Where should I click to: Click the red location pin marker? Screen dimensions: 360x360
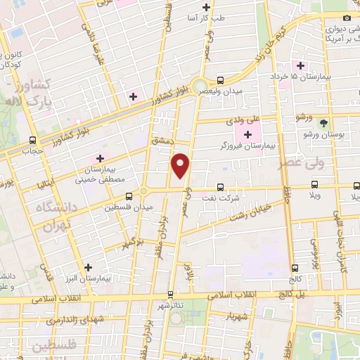point(182,165)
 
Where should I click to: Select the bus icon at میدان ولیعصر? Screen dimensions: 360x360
point(221,79)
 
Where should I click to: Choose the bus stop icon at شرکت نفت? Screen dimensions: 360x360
point(221,187)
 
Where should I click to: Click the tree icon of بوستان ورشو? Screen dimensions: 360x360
point(324,122)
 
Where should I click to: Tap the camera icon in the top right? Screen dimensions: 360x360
point(346,18)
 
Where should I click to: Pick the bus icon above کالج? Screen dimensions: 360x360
point(295,268)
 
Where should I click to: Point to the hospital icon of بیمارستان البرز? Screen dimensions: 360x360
point(87,267)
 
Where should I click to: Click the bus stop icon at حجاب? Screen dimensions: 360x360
point(33,140)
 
